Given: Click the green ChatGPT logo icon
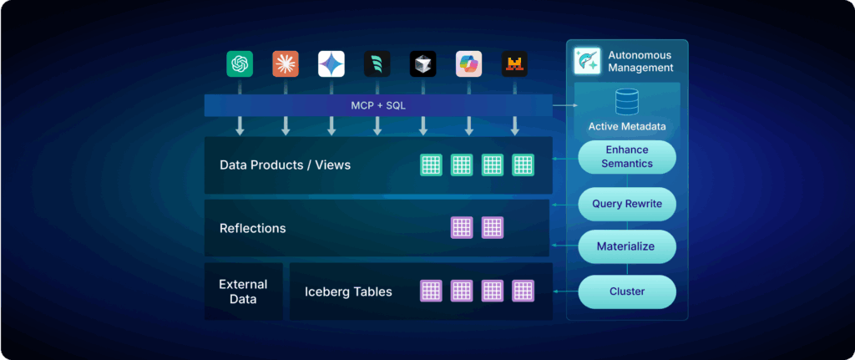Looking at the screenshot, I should pos(240,64).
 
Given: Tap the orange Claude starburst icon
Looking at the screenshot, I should pos(286,64).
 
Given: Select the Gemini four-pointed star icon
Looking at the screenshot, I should pos(331,64).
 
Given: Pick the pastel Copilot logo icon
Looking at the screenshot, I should pos(468,64).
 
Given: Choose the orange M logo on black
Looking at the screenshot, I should pos(514,64).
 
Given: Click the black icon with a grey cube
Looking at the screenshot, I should pos(422,64).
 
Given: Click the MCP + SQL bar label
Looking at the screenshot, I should pos(378,105).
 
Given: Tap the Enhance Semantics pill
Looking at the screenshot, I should pos(627,156).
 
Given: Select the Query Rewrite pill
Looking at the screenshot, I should pos(627,203).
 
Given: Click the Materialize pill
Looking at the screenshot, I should pos(627,246).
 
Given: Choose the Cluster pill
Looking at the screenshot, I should pos(627,292).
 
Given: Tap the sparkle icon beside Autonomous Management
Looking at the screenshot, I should pos(588,61).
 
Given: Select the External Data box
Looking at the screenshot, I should pos(243,292).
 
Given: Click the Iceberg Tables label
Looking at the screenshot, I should pos(348,292).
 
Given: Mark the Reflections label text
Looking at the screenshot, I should pos(252,228).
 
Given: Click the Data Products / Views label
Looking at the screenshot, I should pos(285,165).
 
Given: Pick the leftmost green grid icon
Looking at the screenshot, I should pos(431,165).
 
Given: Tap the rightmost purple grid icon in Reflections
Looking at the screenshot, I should pos(492,227).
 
